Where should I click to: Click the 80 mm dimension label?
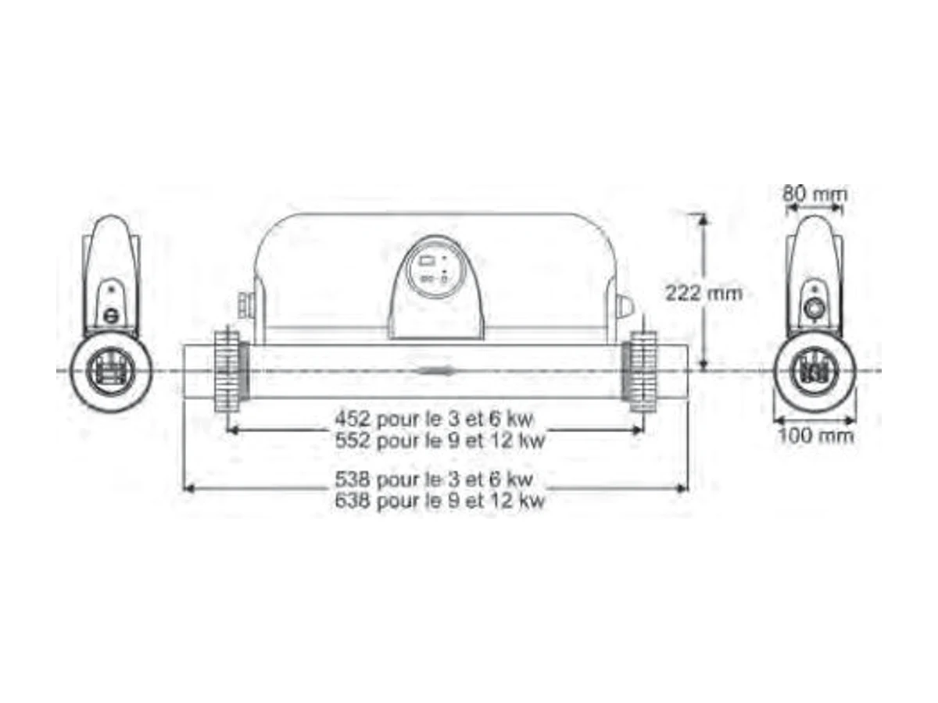point(814,194)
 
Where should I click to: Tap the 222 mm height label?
point(703,293)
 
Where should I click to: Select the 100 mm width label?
point(816,436)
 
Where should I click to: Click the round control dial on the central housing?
point(435,269)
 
